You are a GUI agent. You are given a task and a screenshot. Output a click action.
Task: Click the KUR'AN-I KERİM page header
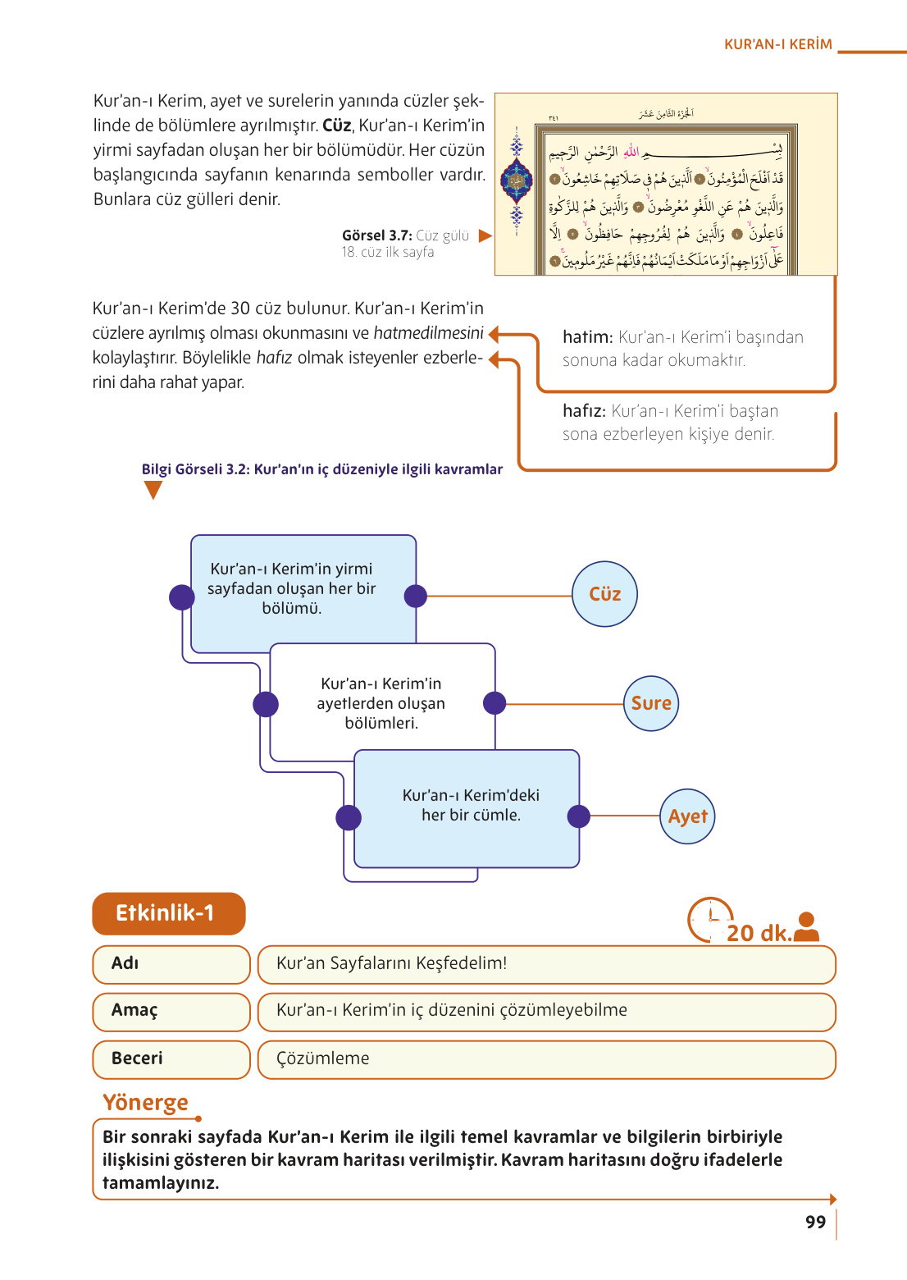pos(777,44)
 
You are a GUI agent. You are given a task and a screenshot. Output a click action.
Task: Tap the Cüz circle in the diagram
pos(604,594)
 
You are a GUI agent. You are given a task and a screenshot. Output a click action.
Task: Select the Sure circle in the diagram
pos(651,703)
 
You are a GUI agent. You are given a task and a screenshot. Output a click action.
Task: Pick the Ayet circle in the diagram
pos(687,816)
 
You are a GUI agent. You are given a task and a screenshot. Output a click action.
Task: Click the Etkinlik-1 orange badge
pos(169,913)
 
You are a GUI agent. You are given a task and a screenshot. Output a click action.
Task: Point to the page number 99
pos(815,1222)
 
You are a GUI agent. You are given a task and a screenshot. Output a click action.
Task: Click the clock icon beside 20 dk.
pos(709,920)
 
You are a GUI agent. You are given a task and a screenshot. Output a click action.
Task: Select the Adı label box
pos(171,964)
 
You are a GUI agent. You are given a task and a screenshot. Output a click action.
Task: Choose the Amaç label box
pos(171,1011)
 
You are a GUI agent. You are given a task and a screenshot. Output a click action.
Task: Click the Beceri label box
pos(171,1059)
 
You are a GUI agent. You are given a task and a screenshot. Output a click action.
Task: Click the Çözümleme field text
pos(323,1058)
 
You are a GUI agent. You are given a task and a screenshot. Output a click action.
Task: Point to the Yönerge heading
pos(145,1102)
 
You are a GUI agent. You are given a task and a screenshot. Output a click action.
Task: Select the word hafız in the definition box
pos(584,411)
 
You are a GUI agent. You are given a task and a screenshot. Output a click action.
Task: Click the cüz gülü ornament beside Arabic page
pos(517,181)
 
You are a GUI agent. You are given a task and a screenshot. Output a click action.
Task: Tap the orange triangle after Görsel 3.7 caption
pos(485,235)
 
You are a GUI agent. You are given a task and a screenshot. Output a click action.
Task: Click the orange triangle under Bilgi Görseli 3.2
pos(153,490)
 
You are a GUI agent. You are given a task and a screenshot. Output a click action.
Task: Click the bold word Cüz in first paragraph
pos(337,126)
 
